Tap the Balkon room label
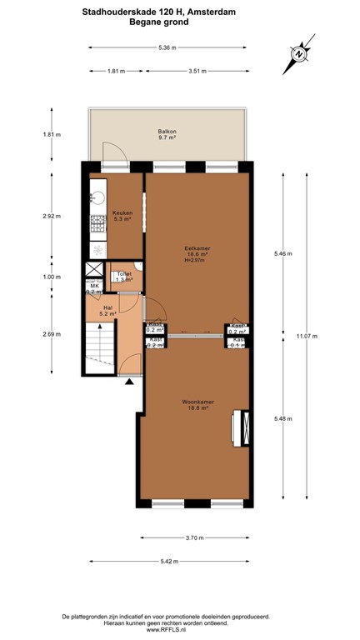click(167, 135)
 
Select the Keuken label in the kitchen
click(122, 216)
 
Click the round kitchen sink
click(95, 198)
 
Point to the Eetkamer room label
click(196, 249)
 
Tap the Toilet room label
click(124, 276)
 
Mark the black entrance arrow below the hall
click(129, 382)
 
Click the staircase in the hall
click(98, 344)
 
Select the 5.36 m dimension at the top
click(167, 47)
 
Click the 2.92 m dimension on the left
click(52, 216)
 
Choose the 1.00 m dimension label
click(52, 277)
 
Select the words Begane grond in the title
click(158, 22)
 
